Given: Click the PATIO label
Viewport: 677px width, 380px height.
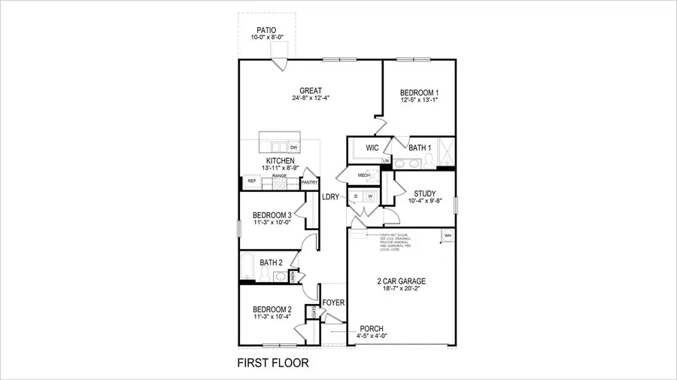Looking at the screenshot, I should click(266, 31).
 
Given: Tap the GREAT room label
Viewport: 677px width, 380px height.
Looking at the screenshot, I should click(311, 91).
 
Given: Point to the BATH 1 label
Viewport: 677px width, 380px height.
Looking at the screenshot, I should click(419, 147).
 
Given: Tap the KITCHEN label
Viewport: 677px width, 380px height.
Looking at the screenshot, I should click(279, 160).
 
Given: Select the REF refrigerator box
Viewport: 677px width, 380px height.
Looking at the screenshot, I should click(252, 181).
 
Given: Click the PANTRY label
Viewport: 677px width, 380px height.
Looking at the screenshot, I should click(309, 182).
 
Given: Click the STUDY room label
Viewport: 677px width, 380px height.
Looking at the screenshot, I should click(425, 193).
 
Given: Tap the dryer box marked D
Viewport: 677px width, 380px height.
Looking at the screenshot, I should click(357, 197).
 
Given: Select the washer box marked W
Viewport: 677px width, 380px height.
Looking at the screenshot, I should click(369, 197).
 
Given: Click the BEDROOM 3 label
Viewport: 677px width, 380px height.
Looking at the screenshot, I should click(272, 215).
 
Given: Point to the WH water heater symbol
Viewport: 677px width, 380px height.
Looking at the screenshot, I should click(448, 236).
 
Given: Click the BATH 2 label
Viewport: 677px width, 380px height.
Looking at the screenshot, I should click(271, 263).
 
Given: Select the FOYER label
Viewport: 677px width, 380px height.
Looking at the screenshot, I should click(333, 303).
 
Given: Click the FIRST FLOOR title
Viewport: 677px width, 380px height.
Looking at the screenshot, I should click(273, 363).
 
